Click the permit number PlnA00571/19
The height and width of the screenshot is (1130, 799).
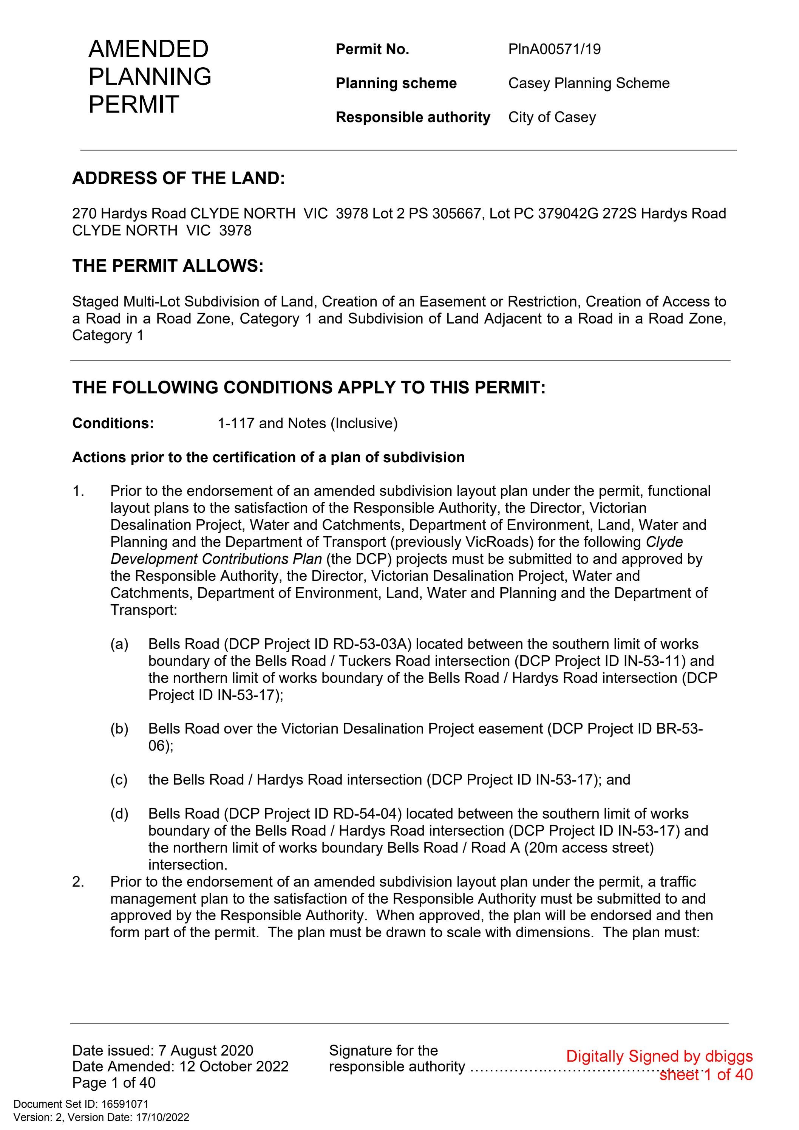click(x=555, y=49)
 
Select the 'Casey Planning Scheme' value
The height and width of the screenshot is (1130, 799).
click(x=589, y=83)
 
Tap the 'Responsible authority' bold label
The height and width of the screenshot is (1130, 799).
click(x=413, y=117)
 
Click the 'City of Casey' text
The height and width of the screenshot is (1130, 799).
click(x=552, y=117)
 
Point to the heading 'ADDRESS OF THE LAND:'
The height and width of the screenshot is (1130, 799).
click(x=179, y=178)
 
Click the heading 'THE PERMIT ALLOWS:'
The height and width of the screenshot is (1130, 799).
click(x=168, y=266)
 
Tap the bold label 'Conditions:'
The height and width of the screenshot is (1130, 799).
click(x=113, y=423)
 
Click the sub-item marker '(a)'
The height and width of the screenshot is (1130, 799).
click(x=119, y=644)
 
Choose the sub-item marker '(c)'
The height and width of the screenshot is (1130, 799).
click(x=119, y=780)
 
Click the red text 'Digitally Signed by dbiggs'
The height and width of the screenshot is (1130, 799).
click(x=659, y=1056)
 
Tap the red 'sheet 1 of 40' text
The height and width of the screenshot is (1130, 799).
click(x=706, y=1074)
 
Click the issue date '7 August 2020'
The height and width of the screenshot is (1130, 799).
click(x=205, y=1051)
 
